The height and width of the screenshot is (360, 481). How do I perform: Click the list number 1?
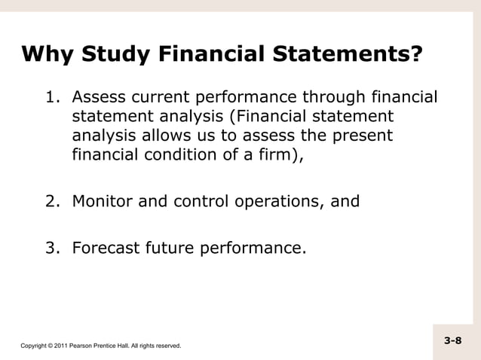(53, 98)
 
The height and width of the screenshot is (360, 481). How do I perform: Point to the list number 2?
(53, 202)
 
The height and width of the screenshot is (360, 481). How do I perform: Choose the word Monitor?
(103, 202)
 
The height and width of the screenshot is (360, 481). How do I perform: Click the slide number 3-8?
(452, 341)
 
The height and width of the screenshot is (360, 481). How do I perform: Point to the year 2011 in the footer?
(58, 346)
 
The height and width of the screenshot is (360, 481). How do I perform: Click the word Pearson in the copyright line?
(80, 346)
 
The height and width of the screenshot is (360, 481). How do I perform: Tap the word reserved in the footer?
(165, 346)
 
